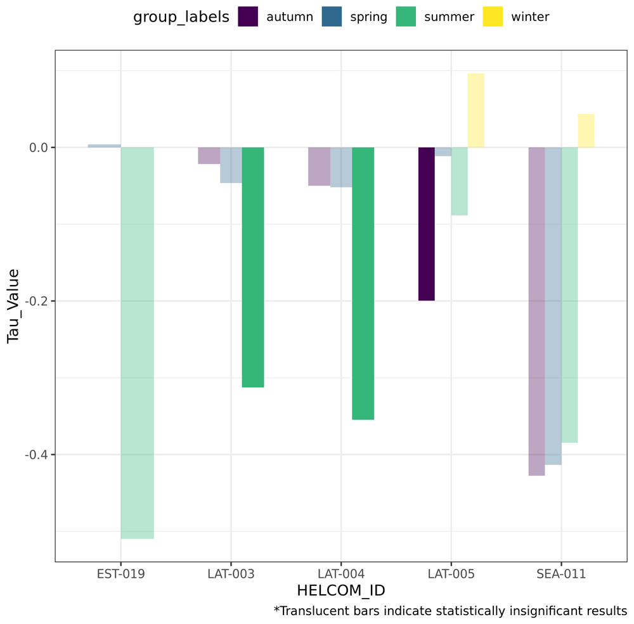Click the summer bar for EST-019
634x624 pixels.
tap(137, 343)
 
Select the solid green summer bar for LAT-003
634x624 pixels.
tap(253, 267)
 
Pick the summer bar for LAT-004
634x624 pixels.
tap(363, 283)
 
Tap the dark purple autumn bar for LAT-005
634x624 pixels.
tap(427, 224)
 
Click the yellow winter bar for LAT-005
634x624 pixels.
tap(476, 110)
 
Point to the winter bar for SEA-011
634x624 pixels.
tap(586, 131)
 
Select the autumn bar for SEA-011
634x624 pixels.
tap(536, 311)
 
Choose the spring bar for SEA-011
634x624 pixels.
tap(553, 306)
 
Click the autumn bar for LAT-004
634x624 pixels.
tap(320, 167)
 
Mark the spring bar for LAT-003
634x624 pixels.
tap(231, 165)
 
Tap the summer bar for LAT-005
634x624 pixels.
tap(459, 181)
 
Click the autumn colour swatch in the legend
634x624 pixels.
tap(248, 16)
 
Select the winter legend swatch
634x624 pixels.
tap(493, 16)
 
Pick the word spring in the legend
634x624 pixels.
tap(368, 17)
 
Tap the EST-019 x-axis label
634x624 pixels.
tap(121, 574)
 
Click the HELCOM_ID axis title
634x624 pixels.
tap(341, 590)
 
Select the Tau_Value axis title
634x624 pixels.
tap(13, 306)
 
